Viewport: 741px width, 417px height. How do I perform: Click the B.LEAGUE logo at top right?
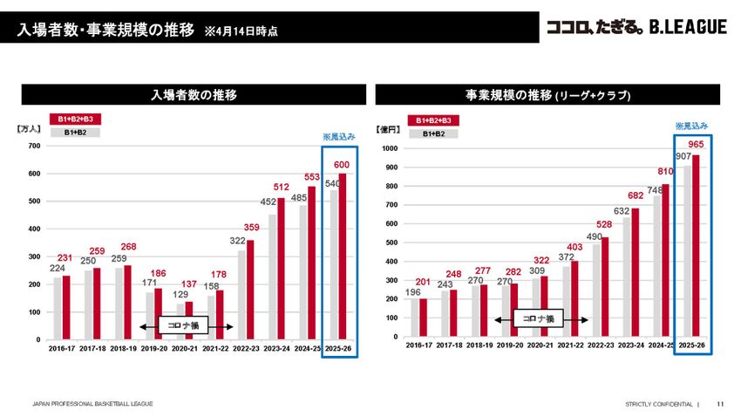click(636, 28)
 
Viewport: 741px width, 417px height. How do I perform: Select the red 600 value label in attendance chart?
click(341, 165)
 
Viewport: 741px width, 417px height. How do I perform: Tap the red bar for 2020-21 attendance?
click(188, 320)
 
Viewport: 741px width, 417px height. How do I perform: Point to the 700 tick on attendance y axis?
click(33, 146)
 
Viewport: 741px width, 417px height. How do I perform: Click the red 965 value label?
click(696, 144)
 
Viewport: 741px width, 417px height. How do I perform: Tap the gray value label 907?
click(683, 156)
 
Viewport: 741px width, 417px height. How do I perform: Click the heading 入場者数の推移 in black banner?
click(194, 94)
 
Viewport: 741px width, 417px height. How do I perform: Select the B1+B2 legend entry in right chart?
click(433, 133)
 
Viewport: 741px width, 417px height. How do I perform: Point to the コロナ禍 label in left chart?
click(185, 325)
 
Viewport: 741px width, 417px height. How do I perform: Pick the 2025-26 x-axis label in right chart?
click(692, 345)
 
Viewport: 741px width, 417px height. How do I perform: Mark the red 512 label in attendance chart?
click(281, 188)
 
